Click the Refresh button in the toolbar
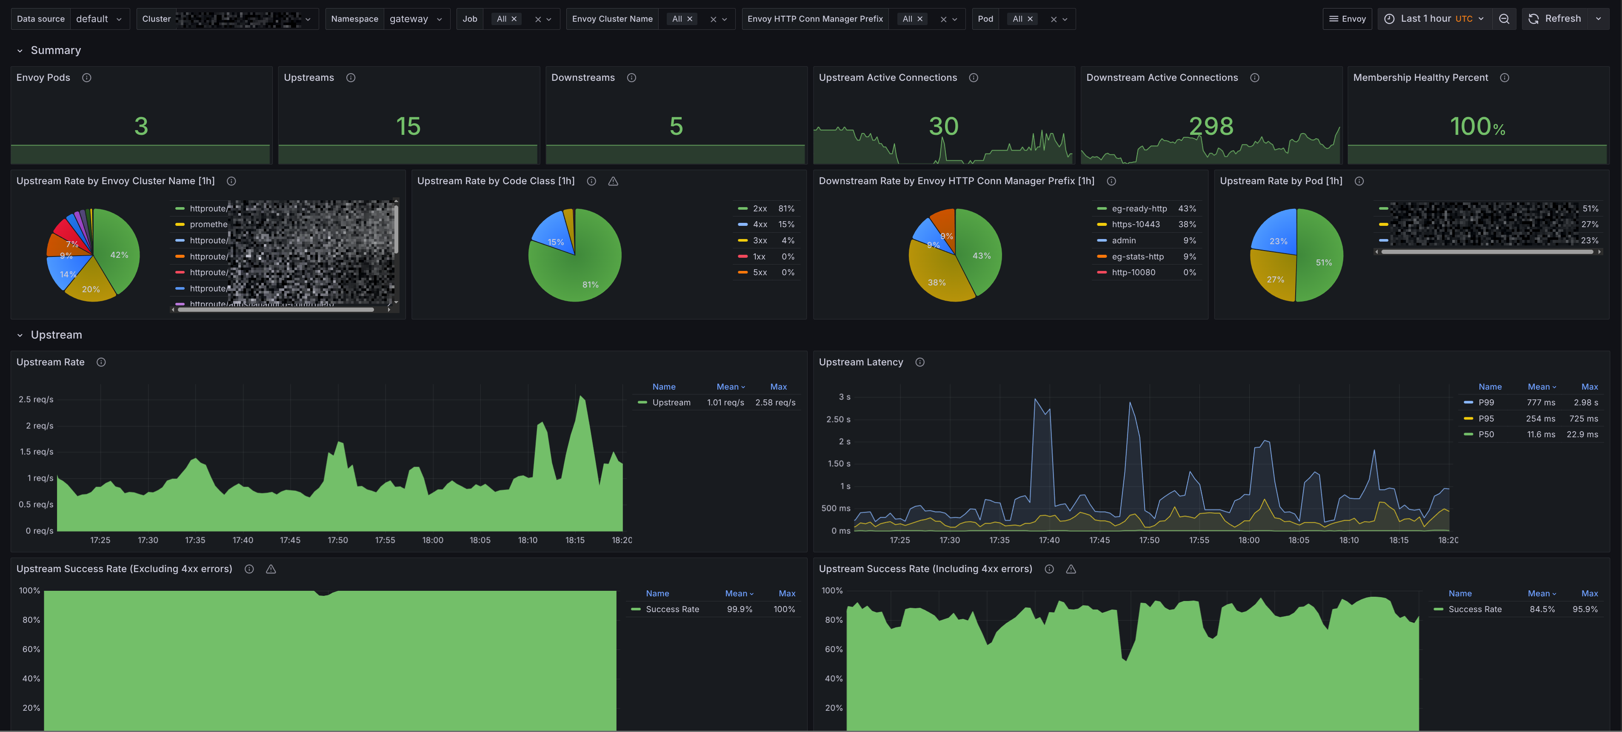click(x=1555, y=19)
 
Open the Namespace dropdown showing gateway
click(x=415, y=19)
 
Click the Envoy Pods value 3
click(x=141, y=126)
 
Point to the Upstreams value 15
click(x=408, y=126)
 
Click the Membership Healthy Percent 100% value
click(x=1477, y=126)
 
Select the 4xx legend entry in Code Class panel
click(x=760, y=225)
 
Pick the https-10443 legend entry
click(x=1135, y=225)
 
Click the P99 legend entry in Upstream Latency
click(x=1486, y=403)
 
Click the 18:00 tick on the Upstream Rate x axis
click(x=433, y=540)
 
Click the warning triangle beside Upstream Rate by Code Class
click(x=613, y=181)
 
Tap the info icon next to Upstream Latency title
click(x=920, y=362)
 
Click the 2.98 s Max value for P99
click(x=1585, y=403)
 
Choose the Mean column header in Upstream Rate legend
click(x=730, y=387)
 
